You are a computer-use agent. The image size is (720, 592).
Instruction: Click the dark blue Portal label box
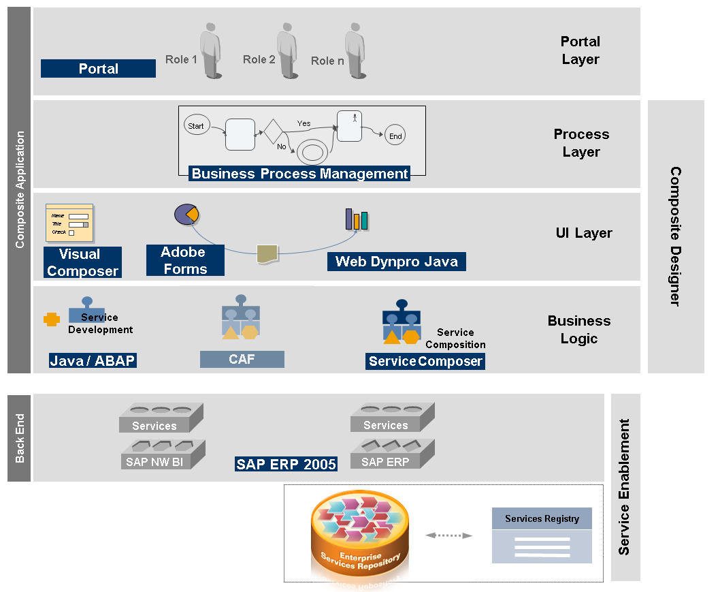click(x=98, y=69)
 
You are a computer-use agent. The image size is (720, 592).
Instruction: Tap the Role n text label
click(x=327, y=61)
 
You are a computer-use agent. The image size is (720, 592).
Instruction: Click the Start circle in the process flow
click(x=196, y=126)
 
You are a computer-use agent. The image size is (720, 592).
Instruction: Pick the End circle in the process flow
click(x=395, y=136)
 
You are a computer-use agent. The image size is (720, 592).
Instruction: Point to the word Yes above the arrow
click(x=304, y=123)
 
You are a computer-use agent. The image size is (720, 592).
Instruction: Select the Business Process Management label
click(x=299, y=174)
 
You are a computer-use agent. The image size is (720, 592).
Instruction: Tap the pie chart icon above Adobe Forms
click(x=186, y=214)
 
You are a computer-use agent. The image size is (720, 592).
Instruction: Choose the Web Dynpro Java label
click(x=397, y=262)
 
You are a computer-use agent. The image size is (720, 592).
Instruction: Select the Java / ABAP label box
click(x=93, y=361)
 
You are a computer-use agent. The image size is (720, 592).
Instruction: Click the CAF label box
click(x=242, y=359)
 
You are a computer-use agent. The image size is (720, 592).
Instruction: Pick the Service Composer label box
click(x=425, y=362)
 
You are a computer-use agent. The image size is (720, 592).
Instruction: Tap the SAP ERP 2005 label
click(x=287, y=465)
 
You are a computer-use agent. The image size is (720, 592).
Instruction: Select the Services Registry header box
click(x=542, y=519)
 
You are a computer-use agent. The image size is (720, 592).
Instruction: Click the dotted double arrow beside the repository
click(x=448, y=535)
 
